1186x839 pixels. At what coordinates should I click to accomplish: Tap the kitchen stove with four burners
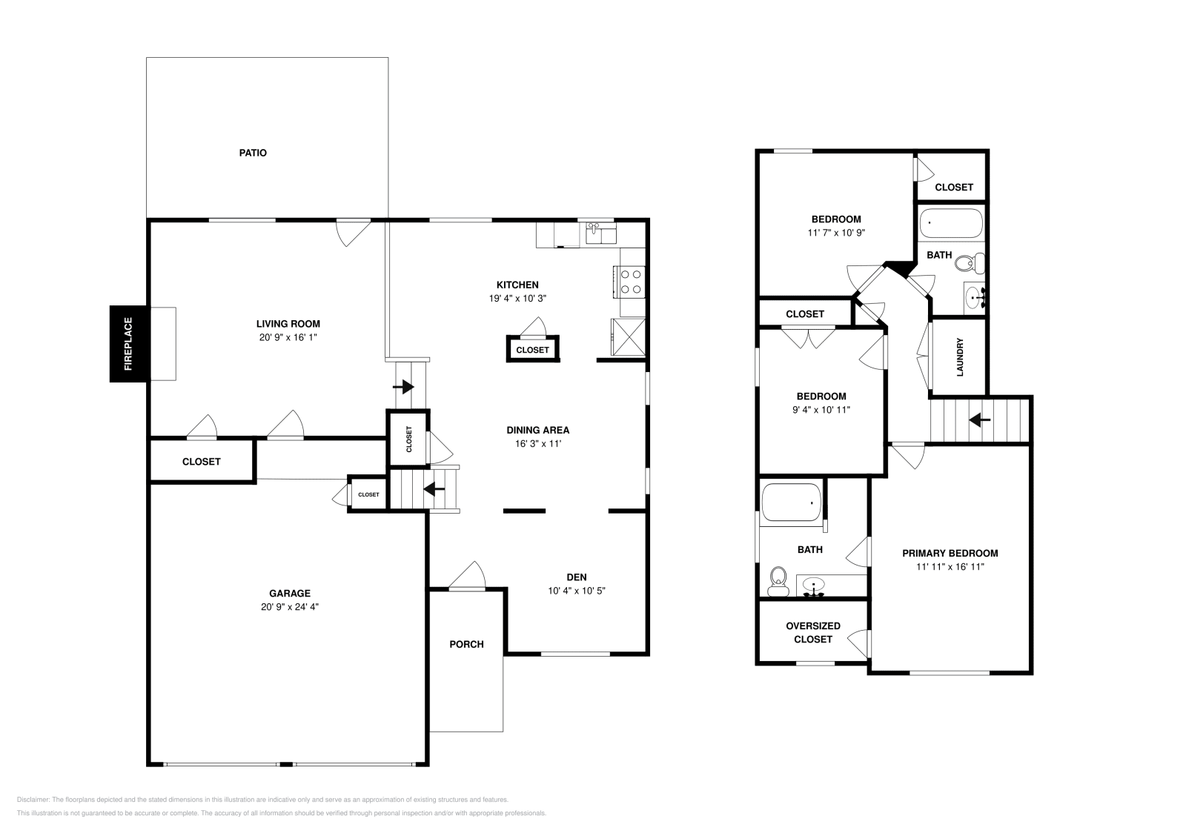coord(631,282)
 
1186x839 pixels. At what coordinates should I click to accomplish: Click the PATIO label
coord(253,153)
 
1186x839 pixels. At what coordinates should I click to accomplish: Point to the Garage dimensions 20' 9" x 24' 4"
coord(289,606)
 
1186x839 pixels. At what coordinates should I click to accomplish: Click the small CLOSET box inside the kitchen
coord(532,349)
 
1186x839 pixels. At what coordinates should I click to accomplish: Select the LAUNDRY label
coord(960,357)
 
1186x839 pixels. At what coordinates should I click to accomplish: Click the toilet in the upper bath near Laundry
coord(970,262)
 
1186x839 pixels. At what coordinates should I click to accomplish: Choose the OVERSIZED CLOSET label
coord(813,632)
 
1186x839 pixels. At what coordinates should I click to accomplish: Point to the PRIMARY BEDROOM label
coord(950,553)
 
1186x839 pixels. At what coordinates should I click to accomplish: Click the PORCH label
coord(466,644)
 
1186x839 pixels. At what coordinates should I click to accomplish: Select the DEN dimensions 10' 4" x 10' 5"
coord(577,591)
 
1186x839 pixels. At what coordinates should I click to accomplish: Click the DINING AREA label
coord(537,430)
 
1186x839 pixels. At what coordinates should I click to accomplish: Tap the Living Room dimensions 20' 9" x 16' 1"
coord(288,337)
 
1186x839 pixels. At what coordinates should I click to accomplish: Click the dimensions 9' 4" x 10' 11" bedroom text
coord(821,409)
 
